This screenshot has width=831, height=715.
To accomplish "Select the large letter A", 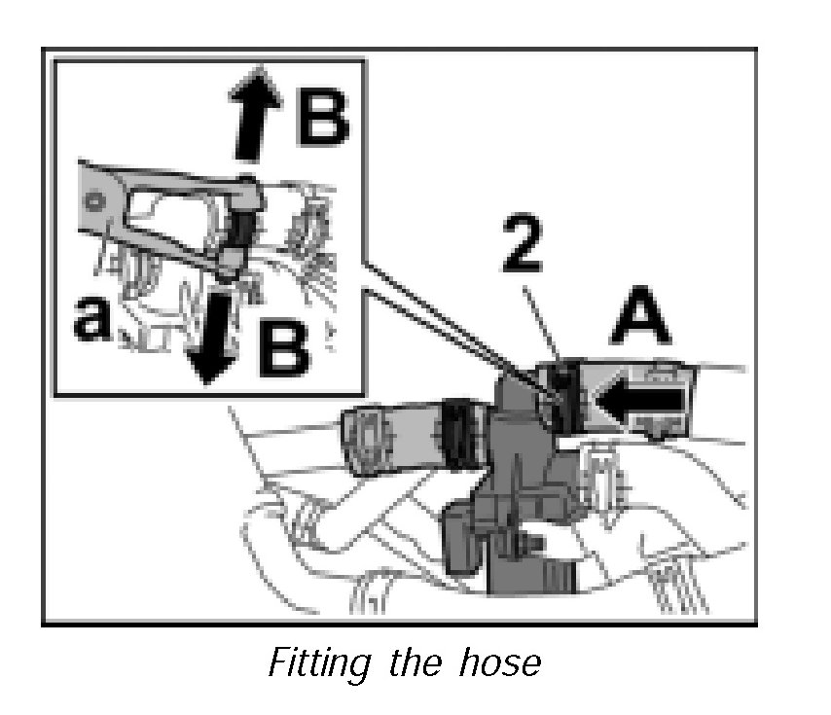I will tap(639, 322).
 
